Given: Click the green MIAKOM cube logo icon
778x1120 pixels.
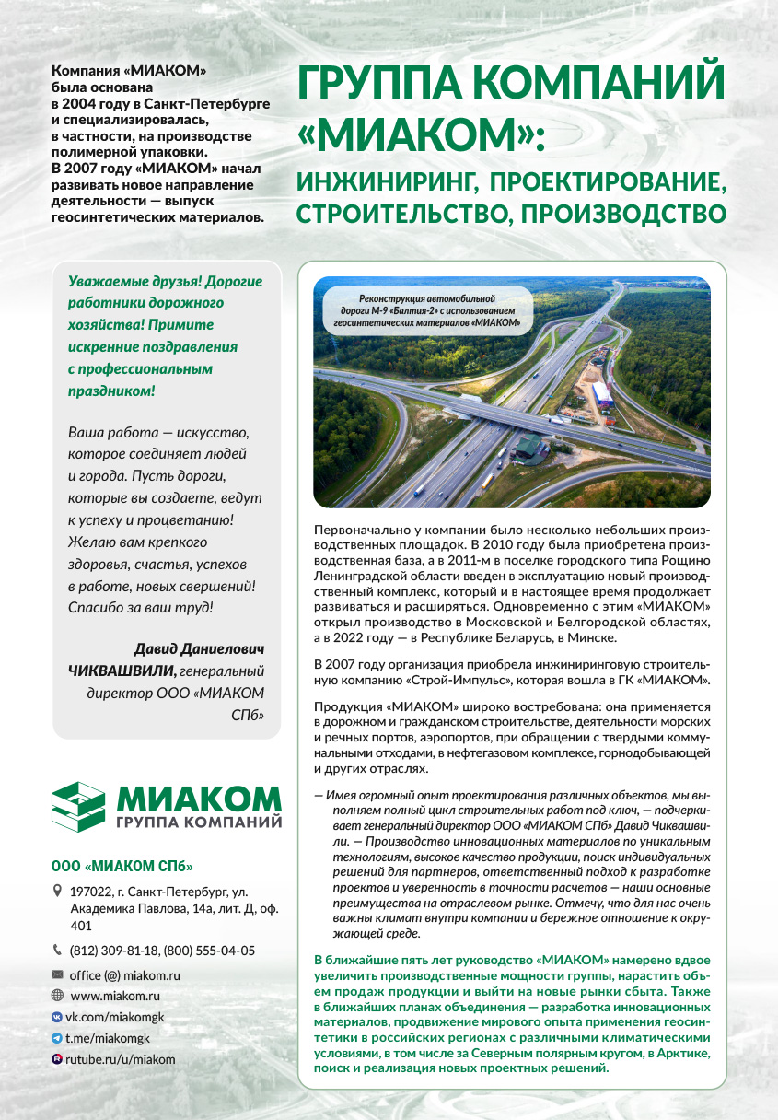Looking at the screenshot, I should pyautogui.click(x=80, y=806).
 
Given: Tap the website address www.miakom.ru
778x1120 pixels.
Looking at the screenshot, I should pyautogui.click(x=115, y=996).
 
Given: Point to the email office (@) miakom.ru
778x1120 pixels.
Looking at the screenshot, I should pyautogui.click(x=124, y=974).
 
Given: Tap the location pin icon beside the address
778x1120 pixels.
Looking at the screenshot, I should pyautogui.click(x=58, y=892).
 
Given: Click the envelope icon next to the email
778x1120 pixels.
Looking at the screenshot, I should pyautogui.click(x=58, y=974).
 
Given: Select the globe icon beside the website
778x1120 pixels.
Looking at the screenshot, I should pyautogui.click(x=58, y=996).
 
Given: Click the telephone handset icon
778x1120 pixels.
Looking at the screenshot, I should pyautogui.click(x=58, y=951).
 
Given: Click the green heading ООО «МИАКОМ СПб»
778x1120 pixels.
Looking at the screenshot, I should pyautogui.click(x=122, y=866).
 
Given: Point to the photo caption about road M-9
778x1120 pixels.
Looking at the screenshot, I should pyautogui.click(x=426, y=311).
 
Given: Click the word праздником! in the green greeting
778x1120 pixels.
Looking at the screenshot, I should pyautogui.click(x=111, y=391).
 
